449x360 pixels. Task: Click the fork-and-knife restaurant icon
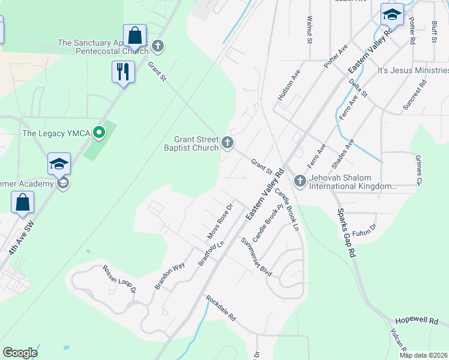click(123, 72)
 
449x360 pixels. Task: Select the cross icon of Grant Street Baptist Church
click(227, 143)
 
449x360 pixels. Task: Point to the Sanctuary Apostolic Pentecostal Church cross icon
click(158, 46)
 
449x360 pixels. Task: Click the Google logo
click(20, 353)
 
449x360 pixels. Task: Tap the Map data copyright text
click(424, 355)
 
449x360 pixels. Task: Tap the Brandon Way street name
click(169, 276)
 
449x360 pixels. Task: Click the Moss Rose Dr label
click(220, 222)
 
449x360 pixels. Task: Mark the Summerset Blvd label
click(256, 257)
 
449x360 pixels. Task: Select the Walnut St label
click(310, 31)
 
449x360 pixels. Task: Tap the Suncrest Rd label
click(414, 94)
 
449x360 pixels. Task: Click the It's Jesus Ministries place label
click(413, 71)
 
